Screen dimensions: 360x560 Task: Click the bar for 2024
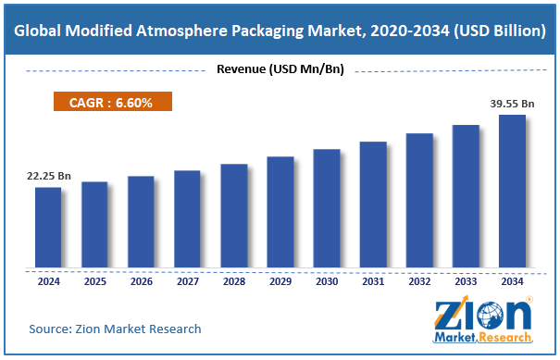pyautogui.click(x=48, y=228)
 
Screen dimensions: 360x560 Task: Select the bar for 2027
pyautogui.click(x=187, y=219)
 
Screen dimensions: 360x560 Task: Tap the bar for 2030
pyautogui.click(x=326, y=208)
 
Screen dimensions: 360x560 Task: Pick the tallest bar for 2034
pyautogui.click(x=512, y=192)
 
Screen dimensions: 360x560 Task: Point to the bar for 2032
pyautogui.click(x=419, y=201)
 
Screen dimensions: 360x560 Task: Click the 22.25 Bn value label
pyautogui.click(x=48, y=175)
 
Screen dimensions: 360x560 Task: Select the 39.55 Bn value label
pyautogui.click(x=511, y=104)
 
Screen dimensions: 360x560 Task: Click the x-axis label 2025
pyautogui.click(x=94, y=281)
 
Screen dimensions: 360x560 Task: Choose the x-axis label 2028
pyautogui.click(x=233, y=281)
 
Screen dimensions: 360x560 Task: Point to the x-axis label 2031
pyautogui.click(x=373, y=281)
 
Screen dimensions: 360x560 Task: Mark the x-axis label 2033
pyautogui.click(x=466, y=281)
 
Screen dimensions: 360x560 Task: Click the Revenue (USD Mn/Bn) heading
pyautogui.click(x=281, y=68)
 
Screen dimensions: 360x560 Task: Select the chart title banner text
pyautogui.click(x=280, y=30)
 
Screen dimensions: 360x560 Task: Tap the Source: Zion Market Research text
pyautogui.click(x=115, y=329)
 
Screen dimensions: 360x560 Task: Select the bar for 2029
pyautogui.click(x=280, y=213)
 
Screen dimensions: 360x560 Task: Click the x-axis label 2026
pyautogui.click(x=141, y=281)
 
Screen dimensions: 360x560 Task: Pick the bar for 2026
pyautogui.click(x=141, y=222)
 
